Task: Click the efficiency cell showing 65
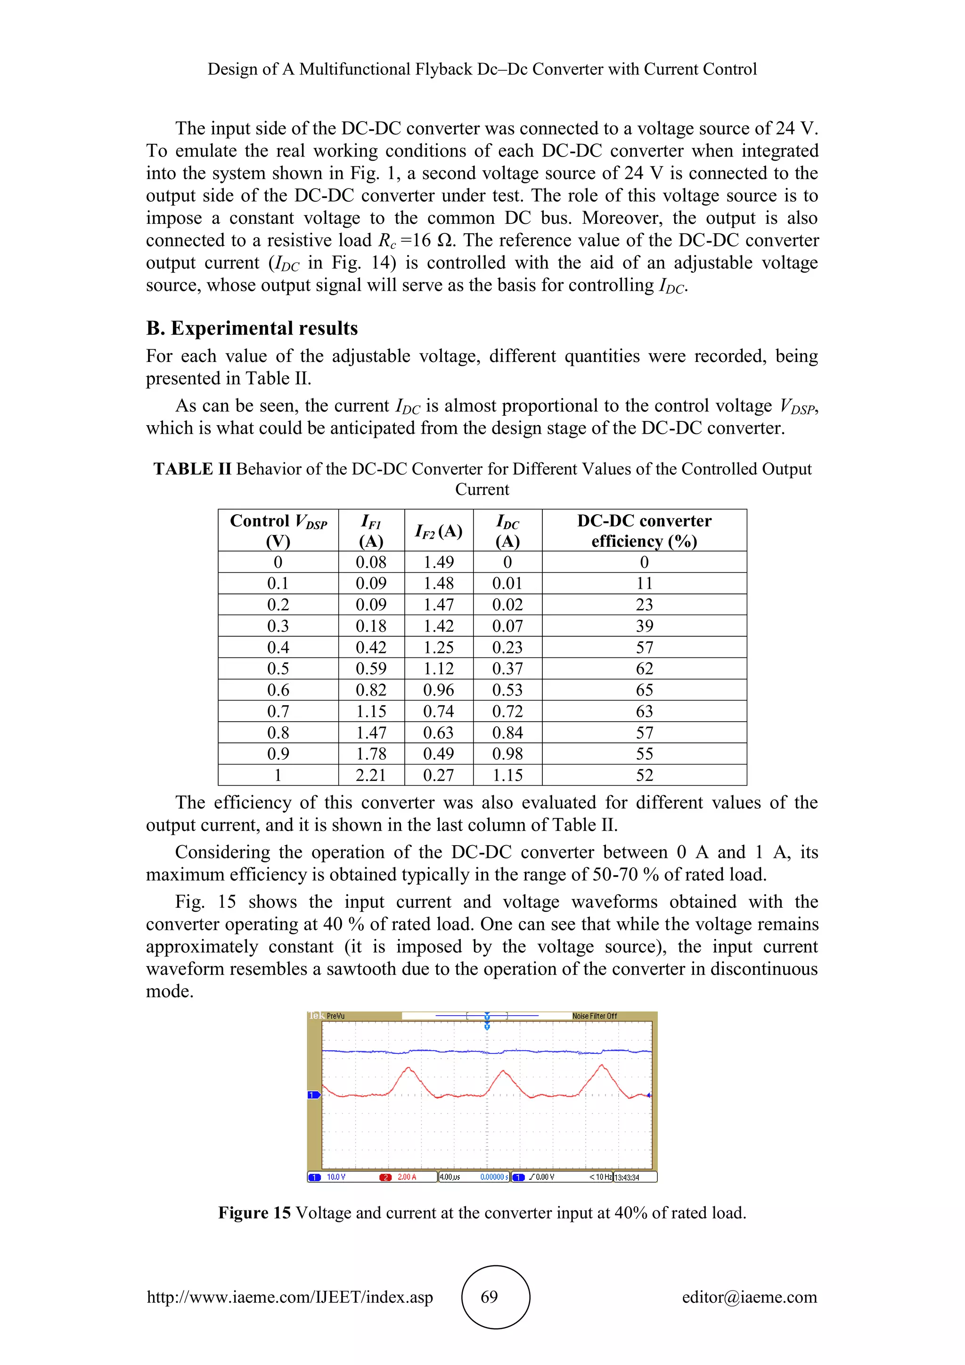pyautogui.click(x=644, y=690)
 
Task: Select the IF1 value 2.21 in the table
pyautogui.click(x=371, y=775)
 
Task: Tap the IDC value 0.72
pyautogui.click(x=507, y=711)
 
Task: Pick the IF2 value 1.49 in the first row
pyautogui.click(x=439, y=562)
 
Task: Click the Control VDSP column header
pyautogui.click(x=278, y=530)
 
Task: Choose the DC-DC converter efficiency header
pyautogui.click(x=644, y=530)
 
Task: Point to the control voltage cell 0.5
pyautogui.click(x=278, y=668)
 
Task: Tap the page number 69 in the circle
pyautogui.click(x=489, y=1297)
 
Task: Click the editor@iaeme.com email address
pyautogui.click(x=749, y=1297)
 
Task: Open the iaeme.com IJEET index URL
pyautogui.click(x=290, y=1297)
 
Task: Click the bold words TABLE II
pyautogui.click(x=192, y=469)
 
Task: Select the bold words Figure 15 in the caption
pyautogui.click(x=254, y=1212)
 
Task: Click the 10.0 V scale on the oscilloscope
pyautogui.click(x=336, y=1177)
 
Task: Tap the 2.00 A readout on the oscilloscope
pyautogui.click(x=407, y=1177)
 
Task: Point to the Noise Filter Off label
pyautogui.click(x=594, y=1016)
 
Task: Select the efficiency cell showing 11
pyautogui.click(x=644, y=583)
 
